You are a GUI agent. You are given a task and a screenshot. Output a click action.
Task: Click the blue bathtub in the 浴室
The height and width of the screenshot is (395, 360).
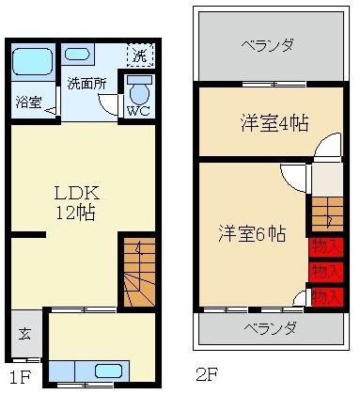click(x=32, y=62)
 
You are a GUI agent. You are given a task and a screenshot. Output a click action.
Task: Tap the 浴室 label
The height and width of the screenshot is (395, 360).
click(x=29, y=103)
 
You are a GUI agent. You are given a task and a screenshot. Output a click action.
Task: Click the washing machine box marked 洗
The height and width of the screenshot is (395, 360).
click(x=139, y=55)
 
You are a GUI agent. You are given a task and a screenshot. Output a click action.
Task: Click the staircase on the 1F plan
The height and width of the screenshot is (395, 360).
click(x=137, y=272)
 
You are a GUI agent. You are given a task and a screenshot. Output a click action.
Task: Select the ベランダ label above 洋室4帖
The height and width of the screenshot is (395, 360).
click(x=267, y=44)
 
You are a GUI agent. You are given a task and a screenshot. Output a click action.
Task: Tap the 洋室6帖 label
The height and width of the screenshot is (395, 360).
click(x=253, y=233)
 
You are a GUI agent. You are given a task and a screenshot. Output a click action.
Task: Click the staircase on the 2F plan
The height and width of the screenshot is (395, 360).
click(x=326, y=214)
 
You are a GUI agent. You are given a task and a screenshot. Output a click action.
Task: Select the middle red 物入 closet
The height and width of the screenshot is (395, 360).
click(x=326, y=272)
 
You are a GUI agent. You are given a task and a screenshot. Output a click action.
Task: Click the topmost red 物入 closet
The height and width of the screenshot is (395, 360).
click(x=326, y=246)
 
